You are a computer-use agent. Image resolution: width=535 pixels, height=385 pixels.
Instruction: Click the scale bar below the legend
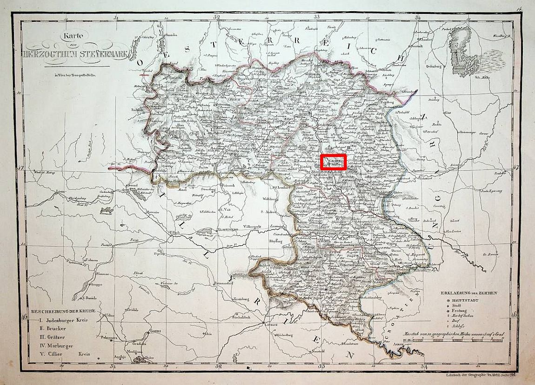pyautogui.click(x=452, y=341)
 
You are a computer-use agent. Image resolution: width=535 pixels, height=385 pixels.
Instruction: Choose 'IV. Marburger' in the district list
pyautogui.click(x=56, y=345)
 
